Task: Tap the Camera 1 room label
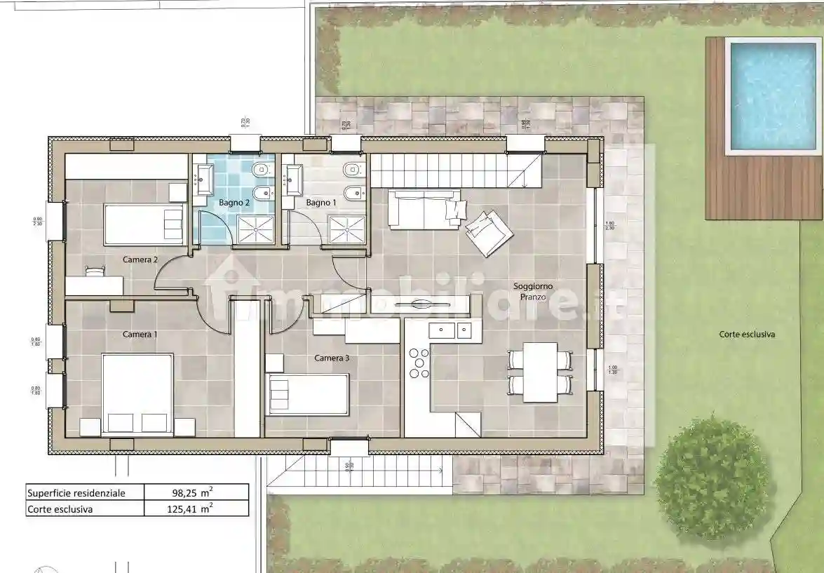(140, 335)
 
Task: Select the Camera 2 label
(140, 259)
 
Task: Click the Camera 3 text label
(332, 358)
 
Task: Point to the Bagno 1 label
(321, 203)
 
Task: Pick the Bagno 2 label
(234, 203)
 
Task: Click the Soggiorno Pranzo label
(533, 292)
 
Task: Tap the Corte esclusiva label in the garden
(747, 335)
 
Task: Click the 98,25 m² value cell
(196, 492)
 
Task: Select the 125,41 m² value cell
(196, 509)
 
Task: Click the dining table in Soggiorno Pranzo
(540, 372)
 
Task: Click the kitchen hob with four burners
(419, 363)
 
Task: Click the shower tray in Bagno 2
(257, 229)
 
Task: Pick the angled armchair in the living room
(488, 232)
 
